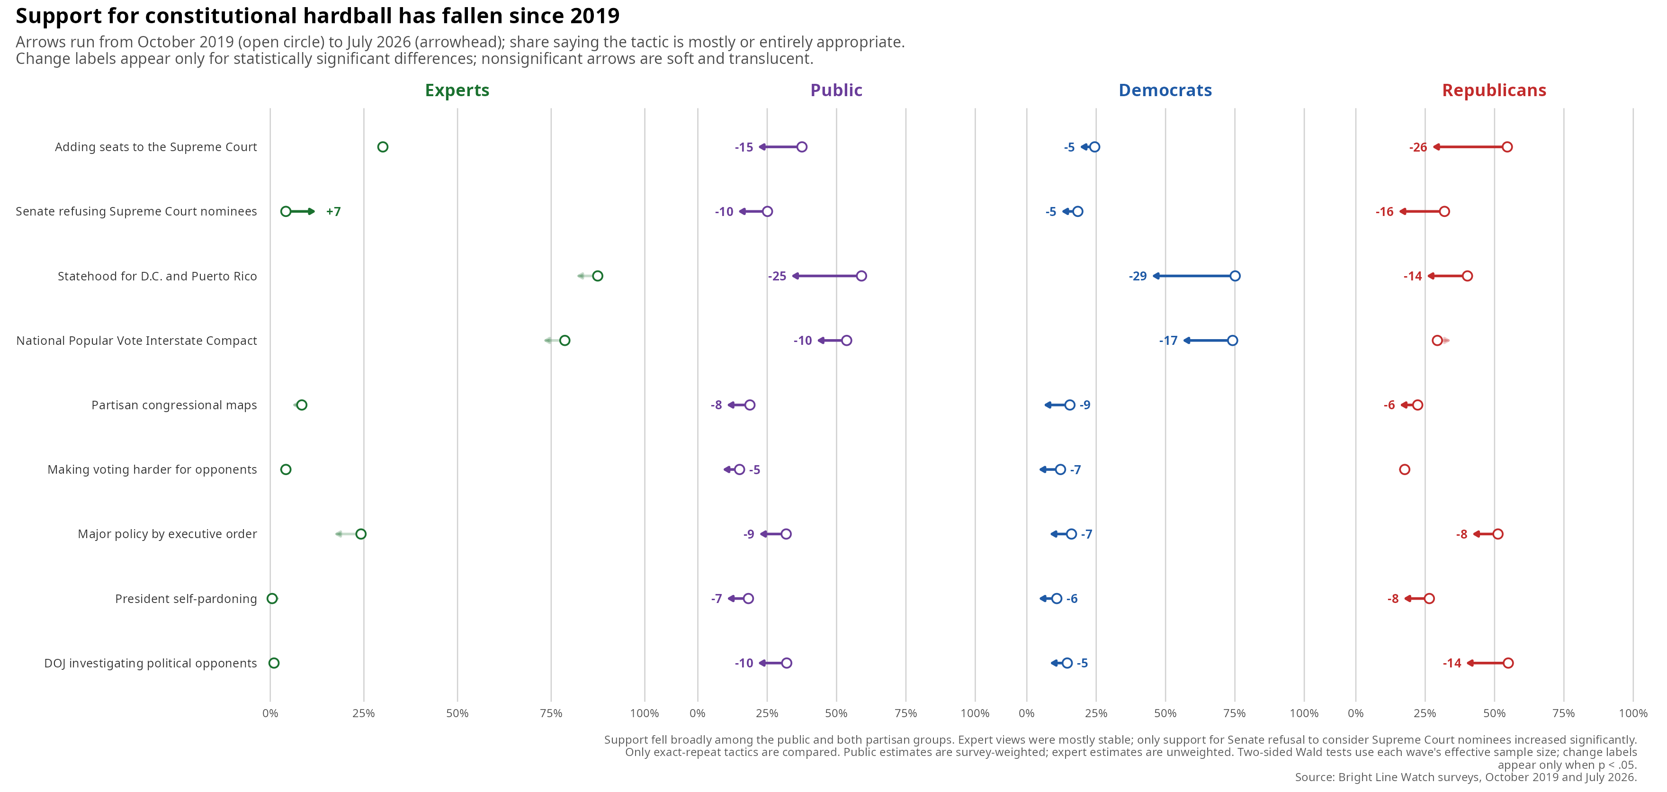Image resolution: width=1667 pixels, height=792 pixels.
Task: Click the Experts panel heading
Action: click(x=457, y=90)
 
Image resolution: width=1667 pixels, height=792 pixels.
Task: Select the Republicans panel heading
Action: click(x=1494, y=90)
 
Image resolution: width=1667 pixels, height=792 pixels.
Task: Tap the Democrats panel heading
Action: click(x=1165, y=90)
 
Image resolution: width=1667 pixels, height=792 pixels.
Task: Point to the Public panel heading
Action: click(x=836, y=90)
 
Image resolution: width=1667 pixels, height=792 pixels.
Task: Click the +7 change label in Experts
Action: click(x=333, y=212)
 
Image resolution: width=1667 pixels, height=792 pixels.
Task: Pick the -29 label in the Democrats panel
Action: click(x=1138, y=276)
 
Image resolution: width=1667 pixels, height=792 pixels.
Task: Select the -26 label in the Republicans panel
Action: click(x=1418, y=147)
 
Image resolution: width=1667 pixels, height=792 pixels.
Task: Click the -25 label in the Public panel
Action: click(x=777, y=276)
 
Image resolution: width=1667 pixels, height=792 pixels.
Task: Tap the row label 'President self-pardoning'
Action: click(x=186, y=599)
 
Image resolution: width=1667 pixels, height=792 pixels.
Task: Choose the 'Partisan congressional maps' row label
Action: click(x=174, y=405)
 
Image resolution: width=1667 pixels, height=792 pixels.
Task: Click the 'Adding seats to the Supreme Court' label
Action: click(x=156, y=147)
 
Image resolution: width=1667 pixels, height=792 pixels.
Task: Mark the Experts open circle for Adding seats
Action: click(x=383, y=147)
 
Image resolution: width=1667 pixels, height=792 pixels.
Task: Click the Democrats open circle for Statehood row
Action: click(x=1235, y=276)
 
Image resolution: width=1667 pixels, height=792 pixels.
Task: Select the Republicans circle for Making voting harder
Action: click(x=1404, y=470)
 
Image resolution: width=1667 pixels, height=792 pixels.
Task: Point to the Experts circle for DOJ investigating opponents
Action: click(x=274, y=663)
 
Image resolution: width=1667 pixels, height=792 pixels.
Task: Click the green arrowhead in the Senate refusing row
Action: click(x=312, y=212)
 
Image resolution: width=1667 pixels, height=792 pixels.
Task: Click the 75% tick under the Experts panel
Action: click(x=551, y=714)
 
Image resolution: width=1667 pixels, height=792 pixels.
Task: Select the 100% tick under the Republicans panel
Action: click(x=1633, y=714)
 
